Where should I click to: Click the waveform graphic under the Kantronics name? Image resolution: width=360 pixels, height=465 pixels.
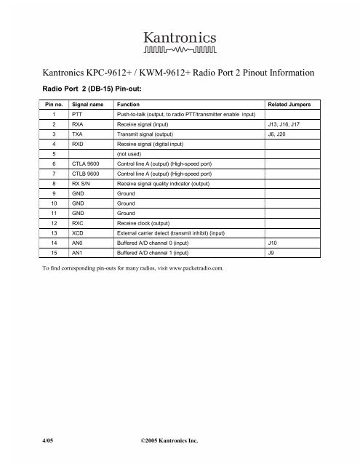coord(180,51)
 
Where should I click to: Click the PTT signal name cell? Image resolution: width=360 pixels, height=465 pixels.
coord(78,114)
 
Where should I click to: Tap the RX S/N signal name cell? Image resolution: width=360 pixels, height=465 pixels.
coord(83,185)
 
